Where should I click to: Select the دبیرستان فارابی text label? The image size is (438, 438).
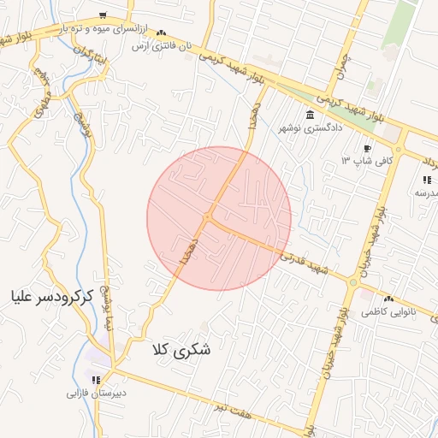97,394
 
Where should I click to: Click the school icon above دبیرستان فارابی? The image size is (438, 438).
97,380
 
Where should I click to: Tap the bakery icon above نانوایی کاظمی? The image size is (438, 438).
389,299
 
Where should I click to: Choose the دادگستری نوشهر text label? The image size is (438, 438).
310,127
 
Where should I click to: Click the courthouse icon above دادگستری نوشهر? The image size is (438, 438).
310,115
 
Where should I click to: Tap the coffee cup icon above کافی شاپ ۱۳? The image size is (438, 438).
368,147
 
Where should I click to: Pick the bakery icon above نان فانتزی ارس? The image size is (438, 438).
162,33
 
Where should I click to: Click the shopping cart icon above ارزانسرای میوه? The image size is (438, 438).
103,15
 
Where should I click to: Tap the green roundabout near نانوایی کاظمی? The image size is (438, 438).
352,281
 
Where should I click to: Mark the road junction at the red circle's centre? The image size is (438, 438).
208,219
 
